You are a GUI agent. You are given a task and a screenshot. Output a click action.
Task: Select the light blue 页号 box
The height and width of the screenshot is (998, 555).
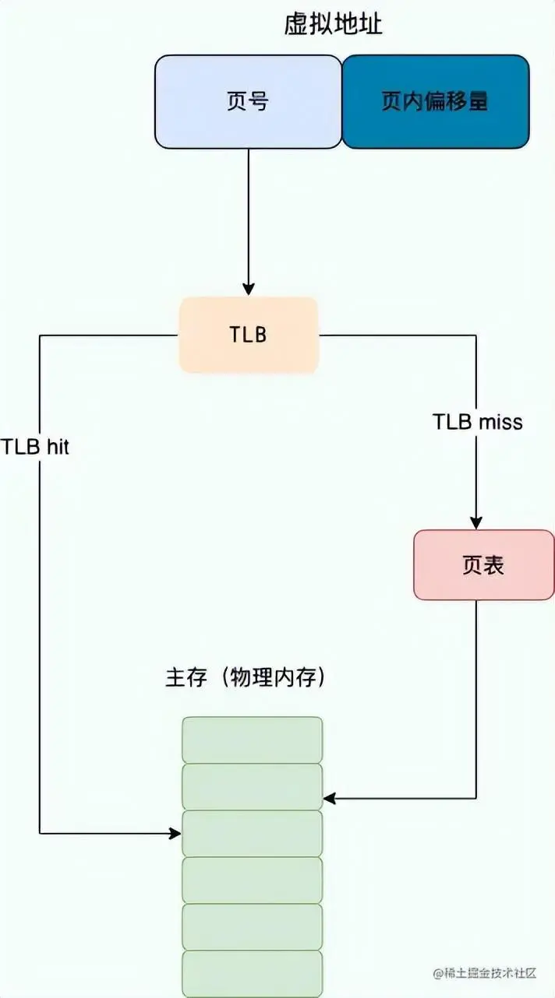coord(248,101)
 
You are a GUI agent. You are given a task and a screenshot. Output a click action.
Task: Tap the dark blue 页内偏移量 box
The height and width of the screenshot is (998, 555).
coord(435,101)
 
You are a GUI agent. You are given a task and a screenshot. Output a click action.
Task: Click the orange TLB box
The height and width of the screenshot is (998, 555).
coord(249,335)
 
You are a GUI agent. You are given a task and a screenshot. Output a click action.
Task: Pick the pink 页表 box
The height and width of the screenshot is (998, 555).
coord(483,565)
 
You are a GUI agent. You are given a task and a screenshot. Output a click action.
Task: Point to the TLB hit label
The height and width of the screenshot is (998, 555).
coord(35,448)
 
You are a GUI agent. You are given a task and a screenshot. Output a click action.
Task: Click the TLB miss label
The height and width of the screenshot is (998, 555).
coord(477,422)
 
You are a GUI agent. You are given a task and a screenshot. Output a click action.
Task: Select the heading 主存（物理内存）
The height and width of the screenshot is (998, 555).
coord(246,677)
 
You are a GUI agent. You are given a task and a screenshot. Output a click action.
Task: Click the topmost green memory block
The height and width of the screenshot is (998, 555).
coord(252,740)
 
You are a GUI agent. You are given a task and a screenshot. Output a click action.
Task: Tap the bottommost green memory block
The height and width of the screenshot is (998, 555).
coord(252,973)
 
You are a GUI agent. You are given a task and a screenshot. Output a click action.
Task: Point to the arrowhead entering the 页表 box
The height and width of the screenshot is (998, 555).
coord(476,524)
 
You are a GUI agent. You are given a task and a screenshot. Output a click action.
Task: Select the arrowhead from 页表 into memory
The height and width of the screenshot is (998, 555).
coord(329,798)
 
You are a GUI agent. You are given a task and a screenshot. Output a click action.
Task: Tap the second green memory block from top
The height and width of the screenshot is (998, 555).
coord(252,786)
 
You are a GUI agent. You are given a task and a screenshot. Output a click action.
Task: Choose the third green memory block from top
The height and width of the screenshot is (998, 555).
coord(252,833)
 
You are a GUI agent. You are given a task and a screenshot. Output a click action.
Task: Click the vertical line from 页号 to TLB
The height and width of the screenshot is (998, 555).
coord(249,218)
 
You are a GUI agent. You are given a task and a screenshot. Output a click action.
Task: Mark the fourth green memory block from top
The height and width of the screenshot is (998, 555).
coord(252,880)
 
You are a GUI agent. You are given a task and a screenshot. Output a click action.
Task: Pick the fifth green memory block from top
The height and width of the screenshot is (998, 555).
coord(252,926)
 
